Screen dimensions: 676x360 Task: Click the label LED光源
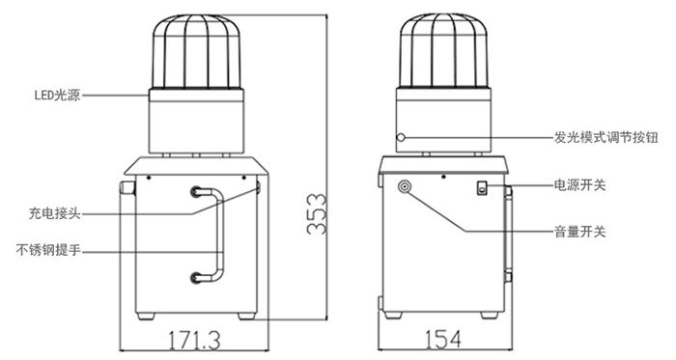[57, 95]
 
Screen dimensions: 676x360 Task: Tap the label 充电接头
[55, 213]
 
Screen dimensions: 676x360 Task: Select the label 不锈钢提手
[48, 250]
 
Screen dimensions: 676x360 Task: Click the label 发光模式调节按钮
[606, 137]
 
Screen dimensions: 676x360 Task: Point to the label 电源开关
[579, 185]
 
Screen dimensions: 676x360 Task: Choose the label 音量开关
[579, 232]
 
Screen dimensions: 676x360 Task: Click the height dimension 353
[317, 214]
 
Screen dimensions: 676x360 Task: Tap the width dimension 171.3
[194, 340]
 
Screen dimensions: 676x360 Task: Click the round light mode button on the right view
[401, 137]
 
